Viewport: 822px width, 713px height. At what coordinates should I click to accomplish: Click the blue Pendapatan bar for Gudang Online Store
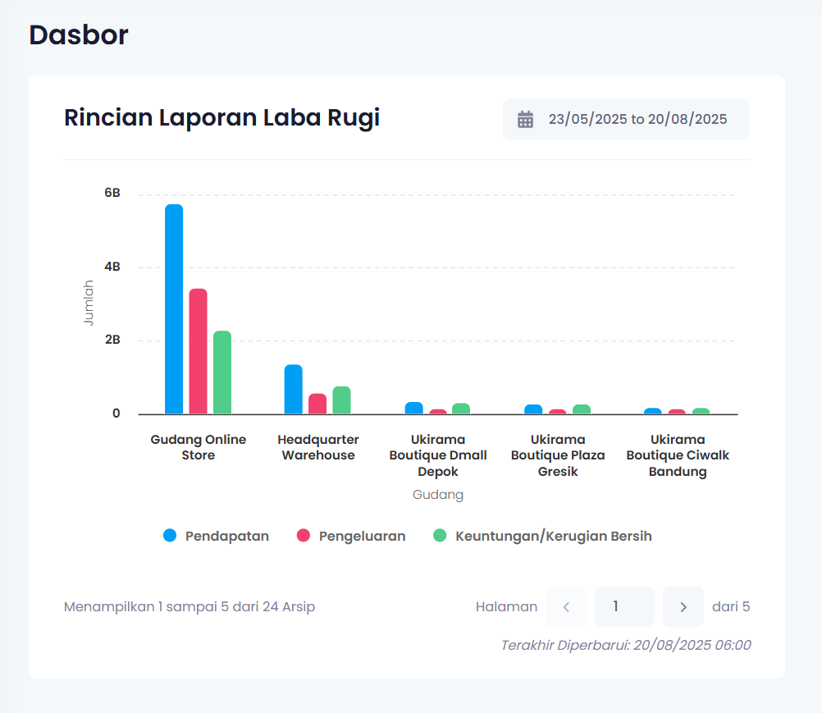pyautogui.click(x=174, y=309)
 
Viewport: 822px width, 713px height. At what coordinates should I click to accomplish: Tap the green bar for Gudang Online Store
pyautogui.click(x=222, y=372)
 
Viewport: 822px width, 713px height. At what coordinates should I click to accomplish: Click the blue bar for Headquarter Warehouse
pyautogui.click(x=294, y=390)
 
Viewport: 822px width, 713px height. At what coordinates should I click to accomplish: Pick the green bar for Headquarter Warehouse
pyautogui.click(x=341, y=400)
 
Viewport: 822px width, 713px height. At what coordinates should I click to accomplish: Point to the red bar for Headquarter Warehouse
pyautogui.click(x=317, y=404)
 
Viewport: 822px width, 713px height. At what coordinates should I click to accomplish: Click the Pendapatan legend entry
pyautogui.click(x=217, y=536)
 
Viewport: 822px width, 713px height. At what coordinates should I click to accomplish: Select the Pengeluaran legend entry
pyautogui.click(x=351, y=536)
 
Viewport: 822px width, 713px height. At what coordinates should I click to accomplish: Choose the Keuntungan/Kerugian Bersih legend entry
pyautogui.click(x=542, y=536)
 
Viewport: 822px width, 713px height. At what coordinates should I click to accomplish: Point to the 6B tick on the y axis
pyautogui.click(x=112, y=194)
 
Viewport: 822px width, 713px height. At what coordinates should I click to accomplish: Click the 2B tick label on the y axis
pyautogui.click(x=112, y=340)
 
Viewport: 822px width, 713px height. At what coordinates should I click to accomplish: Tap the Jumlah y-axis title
pyautogui.click(x=89, y=304)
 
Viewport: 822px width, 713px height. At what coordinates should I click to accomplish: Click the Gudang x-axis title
pyautogui.click(x=438, y=495)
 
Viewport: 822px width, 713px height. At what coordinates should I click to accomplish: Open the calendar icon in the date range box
pyautogui.click(x=525, y=119)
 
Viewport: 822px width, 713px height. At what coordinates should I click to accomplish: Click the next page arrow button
pyautogui.click(x=683, y=607)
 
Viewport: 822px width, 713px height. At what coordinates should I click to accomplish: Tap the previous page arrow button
pyautogui.click(x=566, y=607)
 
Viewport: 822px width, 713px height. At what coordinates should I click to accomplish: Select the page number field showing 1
pyautogui.click(x=623, y=607)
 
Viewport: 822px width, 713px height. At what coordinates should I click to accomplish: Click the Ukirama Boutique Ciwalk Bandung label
pyautogui.click(x=678, y=455)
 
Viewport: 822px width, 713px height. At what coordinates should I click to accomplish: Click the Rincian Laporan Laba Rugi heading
pyautogui.click(x=221, y=118)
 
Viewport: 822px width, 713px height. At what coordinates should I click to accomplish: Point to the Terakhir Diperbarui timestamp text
pyautogui.click(x=626, y=645)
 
